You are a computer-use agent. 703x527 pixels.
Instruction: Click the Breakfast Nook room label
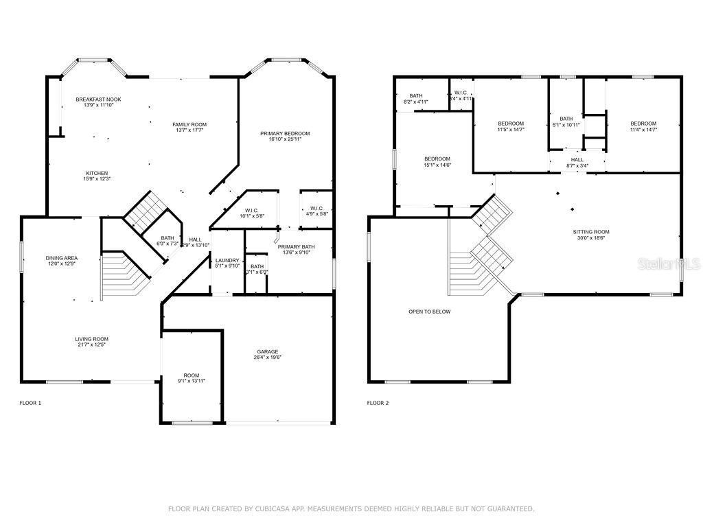98,99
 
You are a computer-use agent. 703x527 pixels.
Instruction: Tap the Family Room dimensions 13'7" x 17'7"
189,130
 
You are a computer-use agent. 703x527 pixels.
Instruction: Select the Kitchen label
97,173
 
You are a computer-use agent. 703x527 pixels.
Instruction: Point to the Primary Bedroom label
285,133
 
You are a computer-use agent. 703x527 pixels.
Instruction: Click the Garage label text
268,351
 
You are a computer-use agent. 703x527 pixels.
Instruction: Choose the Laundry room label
227,260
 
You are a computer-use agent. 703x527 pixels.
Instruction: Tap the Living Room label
92,339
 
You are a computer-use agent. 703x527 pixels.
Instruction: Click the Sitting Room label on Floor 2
591,232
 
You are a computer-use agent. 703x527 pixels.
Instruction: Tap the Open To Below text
429,312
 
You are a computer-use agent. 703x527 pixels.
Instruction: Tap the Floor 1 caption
30,403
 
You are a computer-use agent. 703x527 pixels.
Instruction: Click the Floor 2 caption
378,403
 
